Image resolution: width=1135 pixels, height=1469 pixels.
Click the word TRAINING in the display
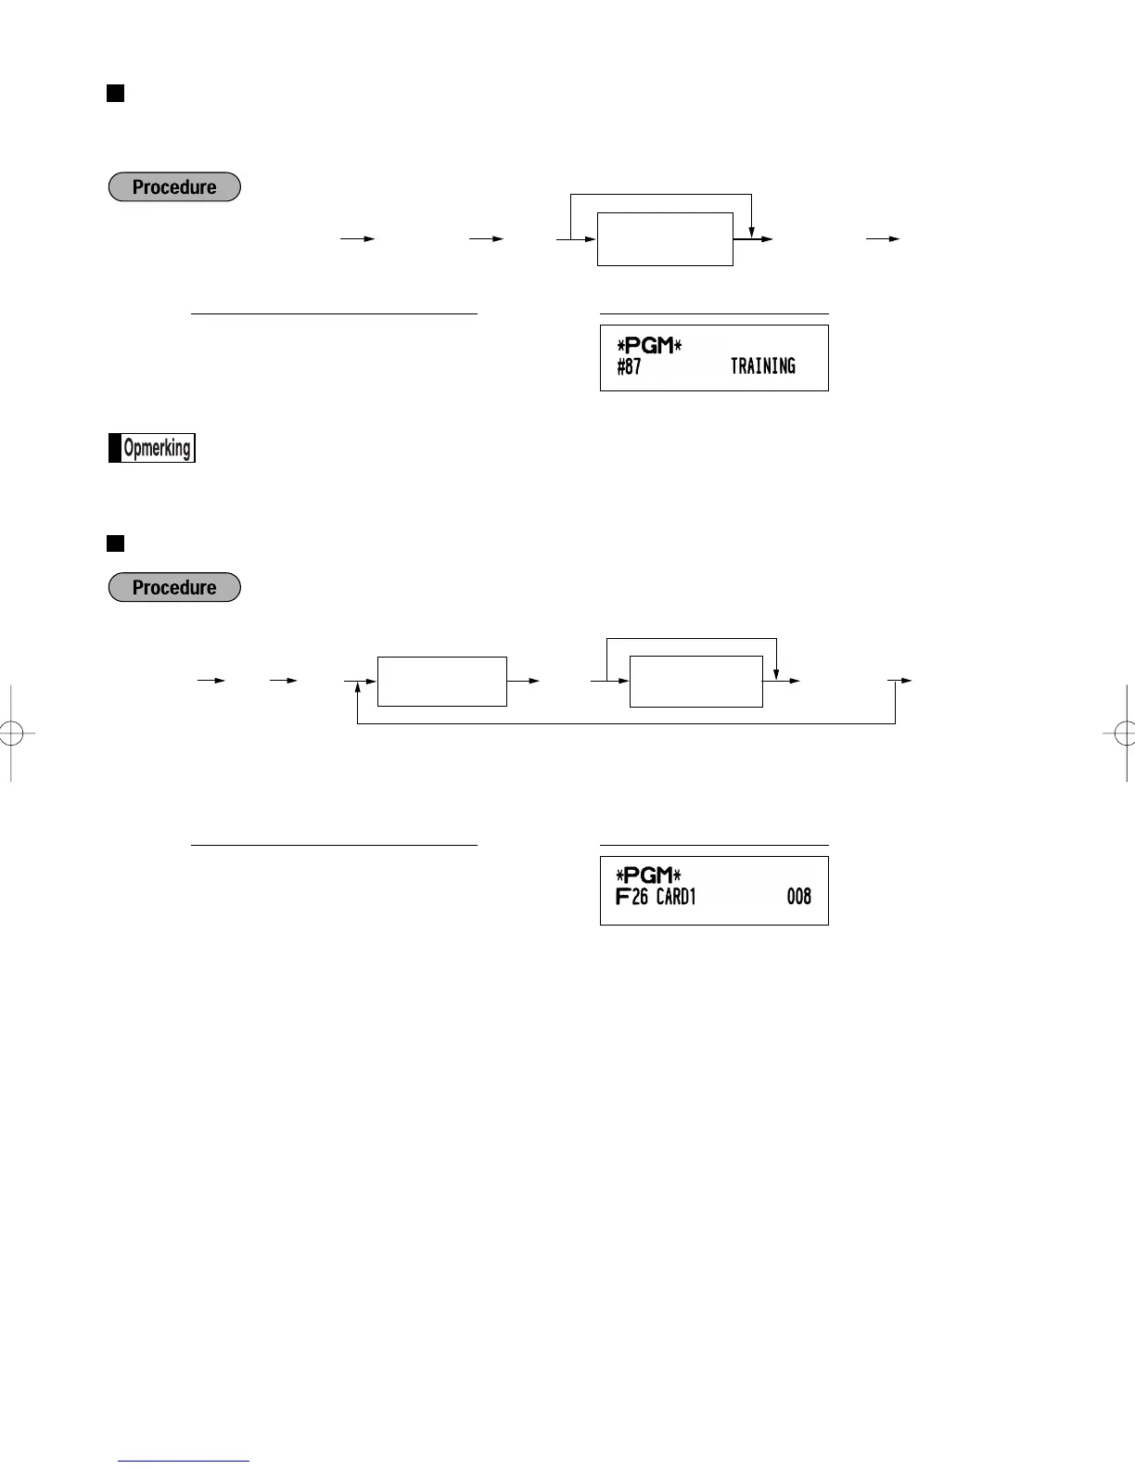click(x=762, y=366)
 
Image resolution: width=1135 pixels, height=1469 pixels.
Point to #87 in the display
click(x=629, y=366)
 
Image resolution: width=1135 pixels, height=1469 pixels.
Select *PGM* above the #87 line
click(x=649, y=346)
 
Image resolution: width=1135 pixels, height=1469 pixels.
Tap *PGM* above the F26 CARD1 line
click(x=649, y=875)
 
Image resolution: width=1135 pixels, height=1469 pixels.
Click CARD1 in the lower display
click(x=676, y=897)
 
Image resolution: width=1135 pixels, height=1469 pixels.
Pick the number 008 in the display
click(x=798, y=897)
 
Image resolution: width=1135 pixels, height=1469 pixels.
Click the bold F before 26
click(x=622, y=897)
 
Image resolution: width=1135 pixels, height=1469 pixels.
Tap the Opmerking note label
click(x=152, y=448)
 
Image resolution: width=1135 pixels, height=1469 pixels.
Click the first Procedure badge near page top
click(x=174, y=187)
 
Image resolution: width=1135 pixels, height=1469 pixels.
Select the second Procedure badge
click(x=174, y=588)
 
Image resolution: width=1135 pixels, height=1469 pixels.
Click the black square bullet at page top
click(x=116, y=93)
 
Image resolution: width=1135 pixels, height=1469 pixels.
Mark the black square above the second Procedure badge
click(x=116, y=543)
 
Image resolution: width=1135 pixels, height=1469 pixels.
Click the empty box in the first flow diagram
click(x=665, y=239)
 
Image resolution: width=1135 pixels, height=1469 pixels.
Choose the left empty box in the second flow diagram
click(x=441, y=682)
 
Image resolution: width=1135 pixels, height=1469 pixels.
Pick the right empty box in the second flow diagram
click(x=695, y=682)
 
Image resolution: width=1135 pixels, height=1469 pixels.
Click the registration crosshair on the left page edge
click(x=10, y=734)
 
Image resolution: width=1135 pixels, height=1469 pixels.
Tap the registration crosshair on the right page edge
click(x=1125, y=734)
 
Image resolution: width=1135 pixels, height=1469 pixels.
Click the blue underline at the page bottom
click(x=184, y=1461)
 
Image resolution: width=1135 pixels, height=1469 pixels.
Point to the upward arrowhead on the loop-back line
click(x=357, y=690)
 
